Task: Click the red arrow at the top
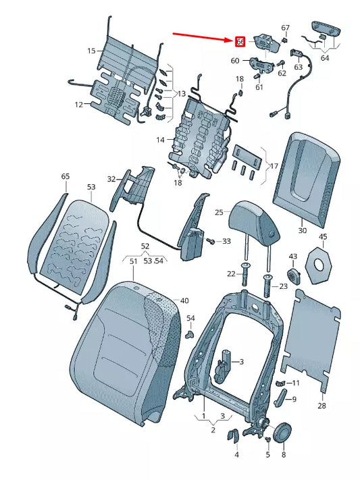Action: click(201, 36)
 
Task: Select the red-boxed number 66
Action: click(239, 42)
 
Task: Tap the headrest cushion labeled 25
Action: click(253, 221)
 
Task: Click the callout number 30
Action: click(302, 231)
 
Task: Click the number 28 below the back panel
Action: click(322, 406)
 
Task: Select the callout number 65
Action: click(65, 176)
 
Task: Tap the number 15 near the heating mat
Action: click(91, 51)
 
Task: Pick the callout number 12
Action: click(78, 105)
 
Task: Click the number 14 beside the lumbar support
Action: click(160, 140)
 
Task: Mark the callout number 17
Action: click(274, 165)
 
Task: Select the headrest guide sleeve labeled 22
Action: click(244, 273)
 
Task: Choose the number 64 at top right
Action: click(325, 58)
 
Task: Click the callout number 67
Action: click(285, 28)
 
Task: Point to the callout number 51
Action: click(133, 261)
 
